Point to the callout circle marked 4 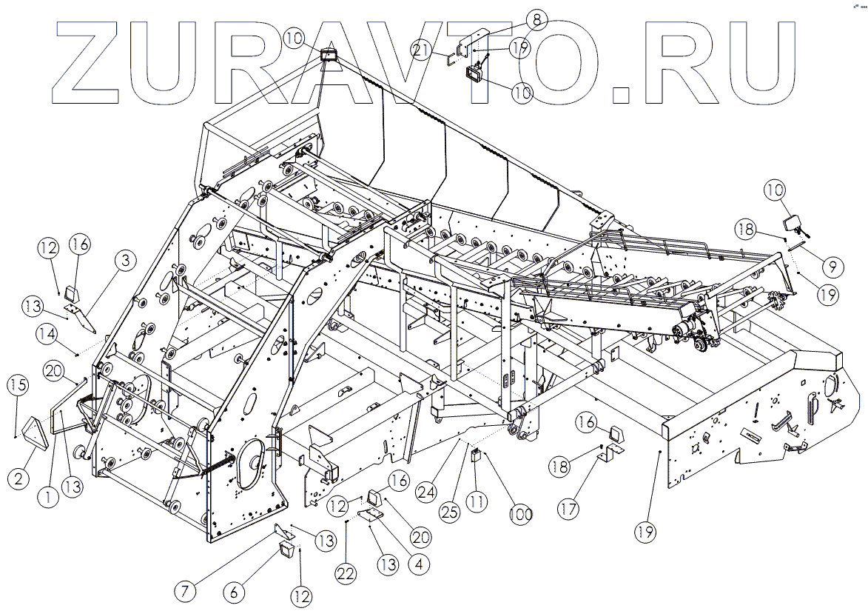click(418, 564)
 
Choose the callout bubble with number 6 click(234, 592)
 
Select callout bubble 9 click(832, 264)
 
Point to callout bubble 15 click(18, 385)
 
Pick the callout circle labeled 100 click(519, 514)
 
